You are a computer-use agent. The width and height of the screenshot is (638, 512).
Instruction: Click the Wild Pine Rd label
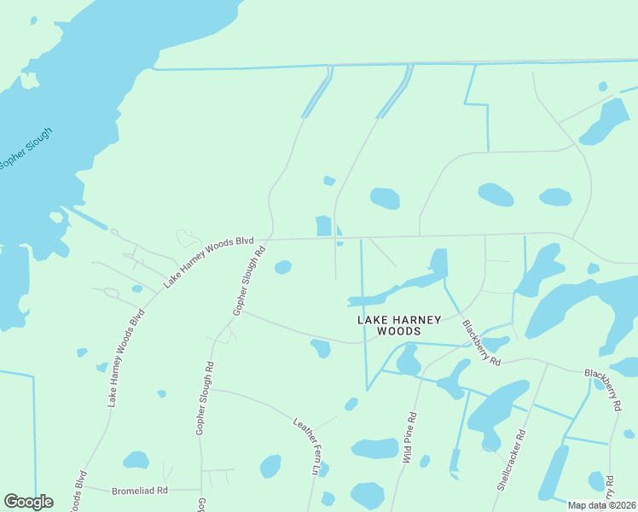click(x=410, y=438)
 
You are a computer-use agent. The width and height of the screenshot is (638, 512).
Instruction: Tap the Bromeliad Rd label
click(x=140, y=491)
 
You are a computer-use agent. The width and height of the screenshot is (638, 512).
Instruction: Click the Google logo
click(x=28, y=502)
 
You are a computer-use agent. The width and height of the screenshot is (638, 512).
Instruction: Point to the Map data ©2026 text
click(x=600, y=505)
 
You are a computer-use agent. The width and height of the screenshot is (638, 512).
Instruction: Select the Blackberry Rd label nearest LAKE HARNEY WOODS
click(x=481, y=343)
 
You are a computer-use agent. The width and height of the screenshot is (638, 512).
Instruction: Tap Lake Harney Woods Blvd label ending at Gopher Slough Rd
click(x=209, y=259)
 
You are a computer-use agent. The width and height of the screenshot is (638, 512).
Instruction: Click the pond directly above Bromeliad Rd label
click(x=136, y=461)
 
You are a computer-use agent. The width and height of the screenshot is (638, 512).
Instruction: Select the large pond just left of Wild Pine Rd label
click(x=375, y=448)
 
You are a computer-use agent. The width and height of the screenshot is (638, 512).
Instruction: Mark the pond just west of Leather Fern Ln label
click(x=270, y=466)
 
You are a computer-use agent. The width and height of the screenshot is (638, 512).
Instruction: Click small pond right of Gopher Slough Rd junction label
click(x=283, y=268)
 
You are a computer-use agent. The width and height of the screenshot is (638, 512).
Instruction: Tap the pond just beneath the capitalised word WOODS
click(x=408, y=360)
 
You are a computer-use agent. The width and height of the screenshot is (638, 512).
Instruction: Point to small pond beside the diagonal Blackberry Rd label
click(x=496, y=343)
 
